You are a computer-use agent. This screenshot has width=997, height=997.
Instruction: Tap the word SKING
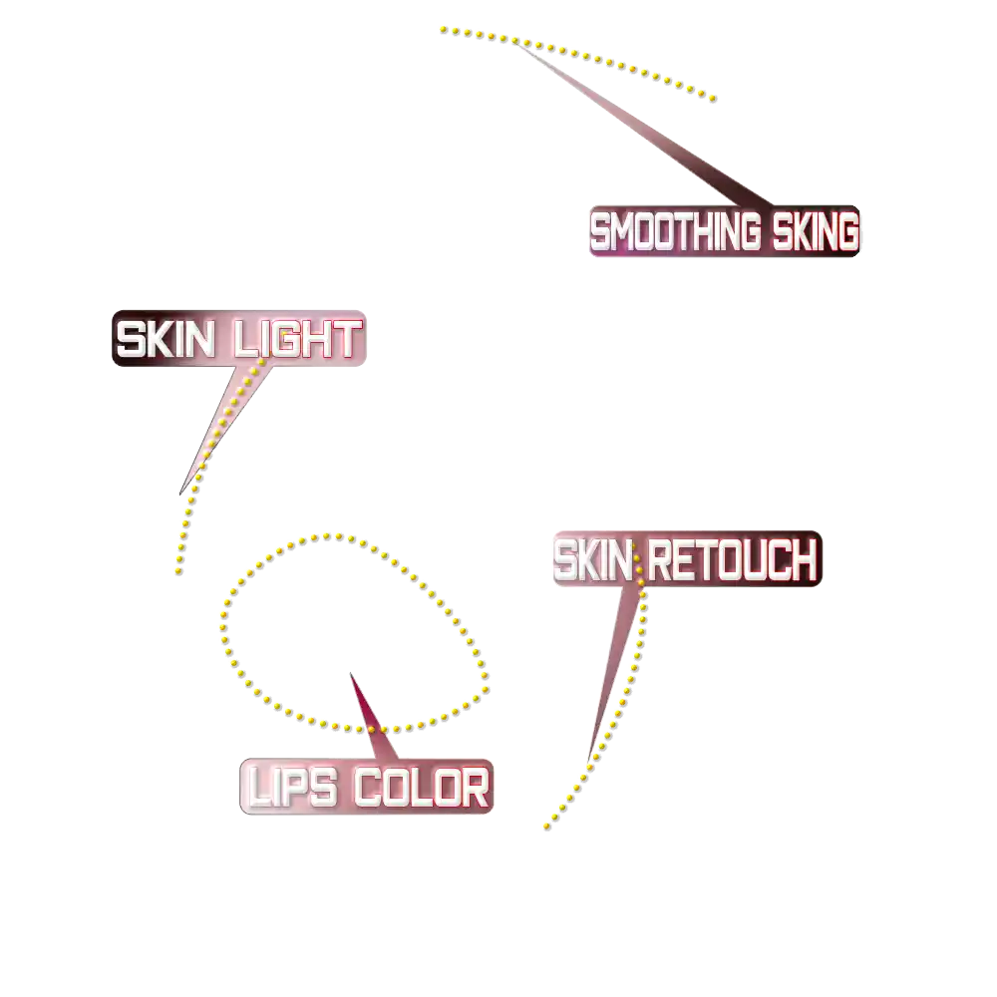(x=814, y=233)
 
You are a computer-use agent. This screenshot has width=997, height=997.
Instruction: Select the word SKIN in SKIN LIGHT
(x=166, y=340)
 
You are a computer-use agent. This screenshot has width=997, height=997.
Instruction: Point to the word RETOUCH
(x=732, y=560)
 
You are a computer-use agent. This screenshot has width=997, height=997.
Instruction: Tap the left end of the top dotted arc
(x=444, y=32)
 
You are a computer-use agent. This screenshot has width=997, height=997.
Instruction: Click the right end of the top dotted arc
(x=712, y=97)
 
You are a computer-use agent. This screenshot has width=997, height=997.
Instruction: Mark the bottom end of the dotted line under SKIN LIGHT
(x=176, y=570)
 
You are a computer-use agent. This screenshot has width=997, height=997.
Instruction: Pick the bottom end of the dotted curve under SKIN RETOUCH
(x=546, y=828)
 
